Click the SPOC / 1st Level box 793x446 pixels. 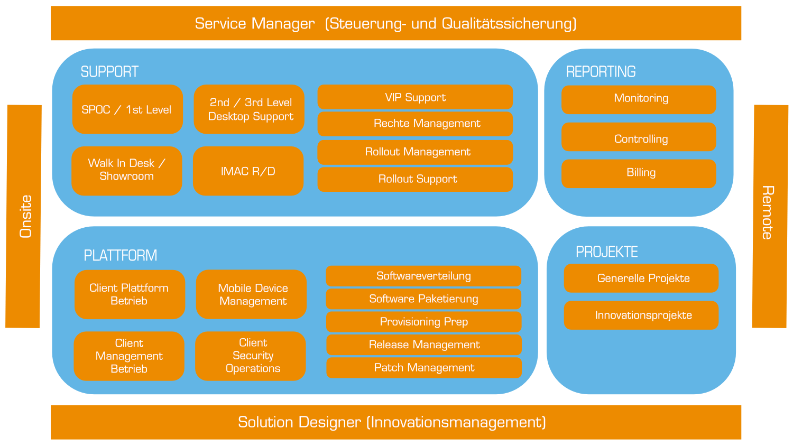click(127, 109)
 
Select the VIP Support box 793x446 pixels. click(415, 97)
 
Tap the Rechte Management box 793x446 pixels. click(415, 124)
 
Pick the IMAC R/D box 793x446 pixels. click(248, 171)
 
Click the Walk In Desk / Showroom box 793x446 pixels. click(127, 171)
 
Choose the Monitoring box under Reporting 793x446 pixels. click(639, 99)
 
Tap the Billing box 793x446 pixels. click(639, 173)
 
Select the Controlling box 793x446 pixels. click(639, 137)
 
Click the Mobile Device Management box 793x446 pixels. click(251, 294)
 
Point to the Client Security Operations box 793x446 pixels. click(250, 356)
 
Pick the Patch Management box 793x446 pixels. click(424, 368)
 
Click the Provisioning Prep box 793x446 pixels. click(424, 322)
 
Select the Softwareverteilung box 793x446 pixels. click(423, 276)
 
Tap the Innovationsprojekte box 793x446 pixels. click(641, 315)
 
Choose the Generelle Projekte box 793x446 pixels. click(641, 278)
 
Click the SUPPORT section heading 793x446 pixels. click(109, 72)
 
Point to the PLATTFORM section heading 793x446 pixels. click(121, 256)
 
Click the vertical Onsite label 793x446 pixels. click(26, 216)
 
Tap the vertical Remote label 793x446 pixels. click(768, 212)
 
